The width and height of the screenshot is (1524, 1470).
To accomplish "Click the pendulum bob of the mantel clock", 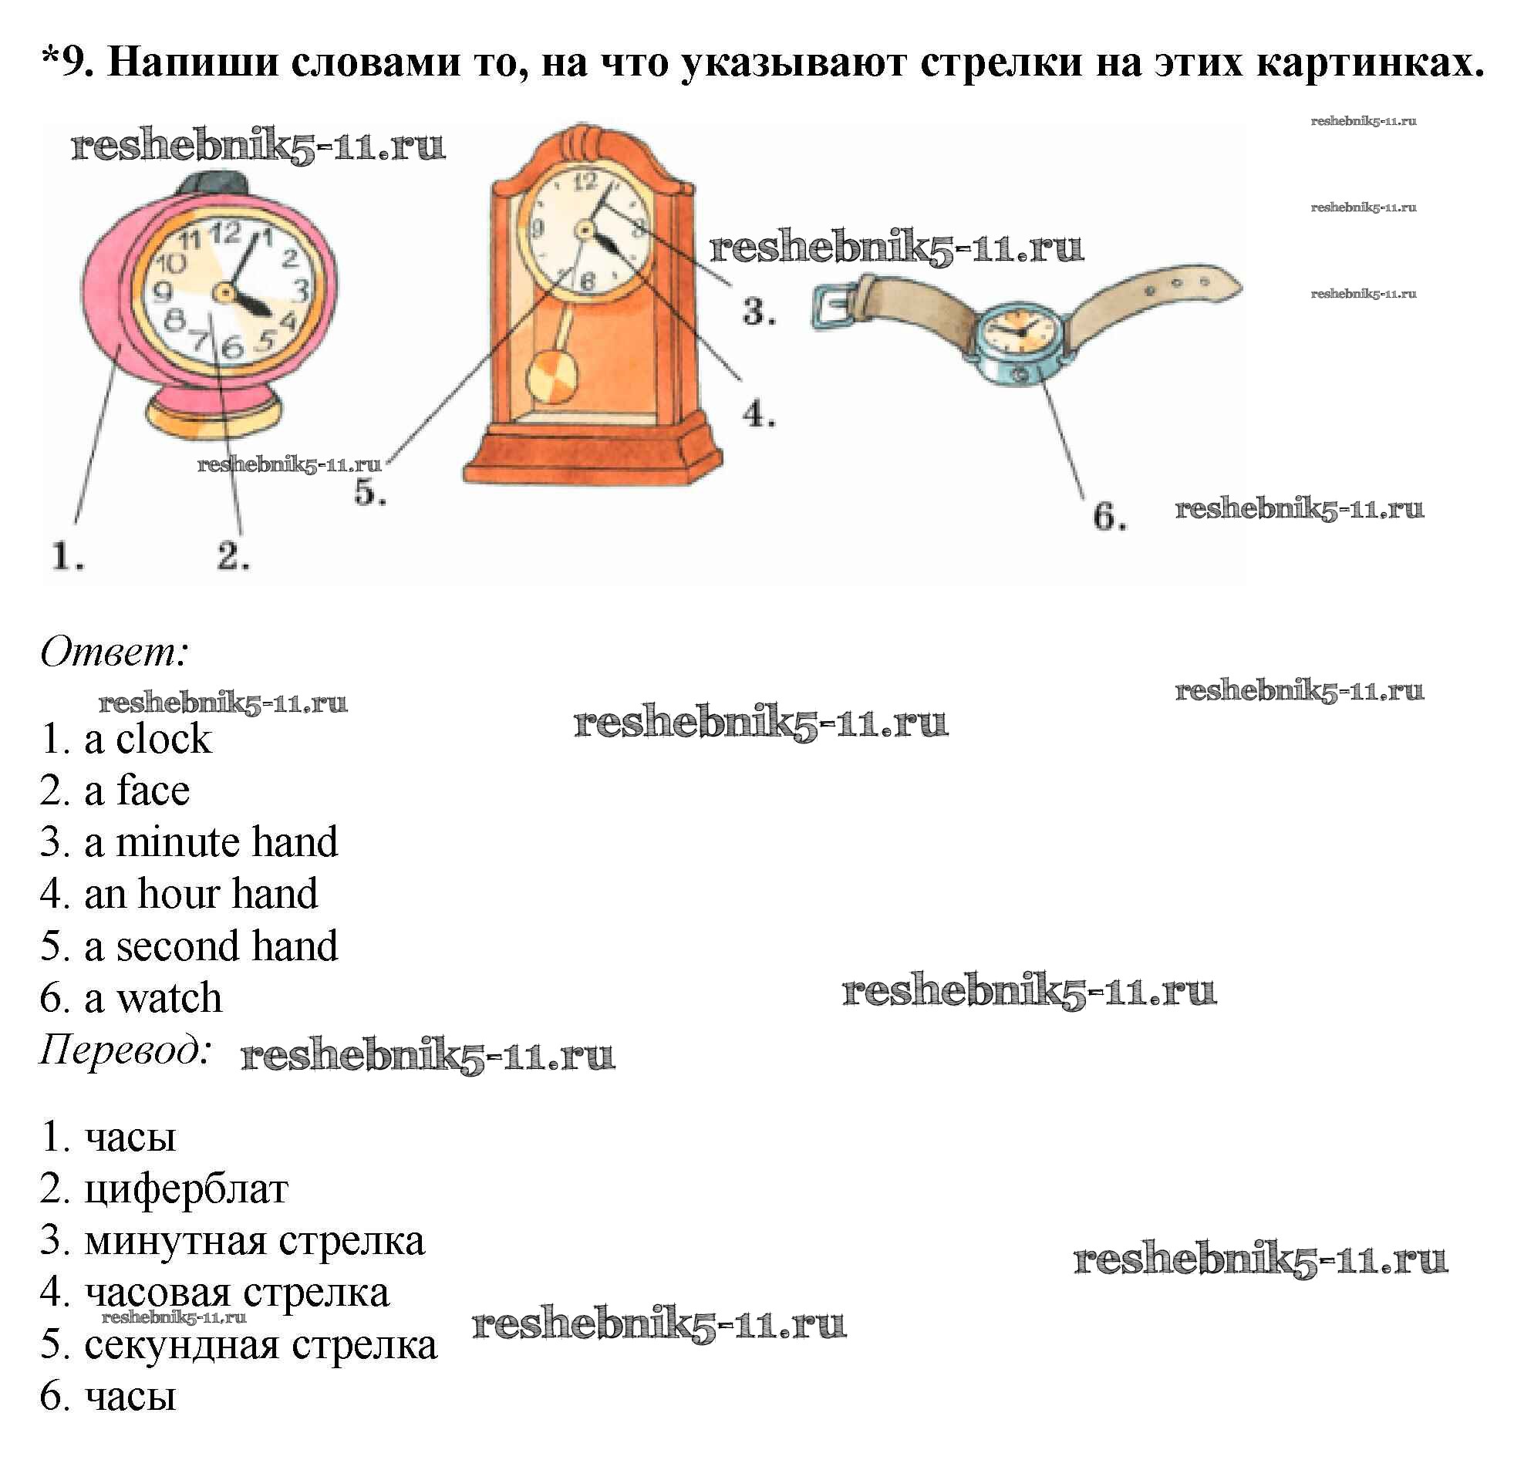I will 552,378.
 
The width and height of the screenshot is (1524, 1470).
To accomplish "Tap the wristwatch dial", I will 1020,329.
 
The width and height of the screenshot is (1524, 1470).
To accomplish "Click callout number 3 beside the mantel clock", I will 758,312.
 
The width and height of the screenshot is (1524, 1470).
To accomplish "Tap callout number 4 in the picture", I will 758,414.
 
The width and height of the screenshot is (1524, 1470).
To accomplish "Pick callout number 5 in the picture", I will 369,492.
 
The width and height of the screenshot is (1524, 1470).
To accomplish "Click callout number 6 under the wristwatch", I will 1109,517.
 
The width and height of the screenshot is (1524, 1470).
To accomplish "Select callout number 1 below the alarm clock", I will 68,557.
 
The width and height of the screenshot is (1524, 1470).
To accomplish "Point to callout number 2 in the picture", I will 232,557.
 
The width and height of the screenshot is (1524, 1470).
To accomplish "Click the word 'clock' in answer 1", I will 164,739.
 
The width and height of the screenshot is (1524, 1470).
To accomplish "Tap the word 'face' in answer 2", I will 153,791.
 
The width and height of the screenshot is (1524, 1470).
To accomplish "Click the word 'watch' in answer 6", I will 169,998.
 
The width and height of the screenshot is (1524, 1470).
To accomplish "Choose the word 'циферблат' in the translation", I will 186,1188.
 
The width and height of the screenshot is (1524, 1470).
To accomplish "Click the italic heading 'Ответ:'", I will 113,652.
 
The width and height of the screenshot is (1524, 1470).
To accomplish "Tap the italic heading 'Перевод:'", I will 125,1050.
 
